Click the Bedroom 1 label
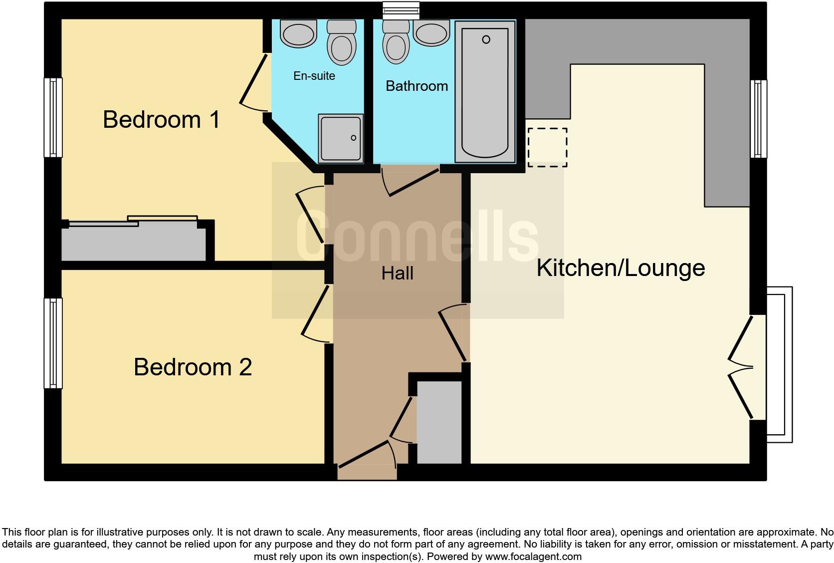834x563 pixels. (161, 120)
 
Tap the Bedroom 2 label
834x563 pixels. (193, 367)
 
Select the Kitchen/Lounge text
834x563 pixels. (620, 268)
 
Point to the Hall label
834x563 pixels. (397, 274)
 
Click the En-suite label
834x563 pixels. (314, 76)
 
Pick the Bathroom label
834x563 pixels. (417, 86)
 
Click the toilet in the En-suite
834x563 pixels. (342, 43)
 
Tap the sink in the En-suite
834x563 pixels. (299, 32)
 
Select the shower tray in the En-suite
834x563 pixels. (341, 138)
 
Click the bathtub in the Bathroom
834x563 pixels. (485, 92)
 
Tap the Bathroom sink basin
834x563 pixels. (432, 32)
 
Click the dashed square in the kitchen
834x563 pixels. (547, 147)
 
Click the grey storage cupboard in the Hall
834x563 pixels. (439, 422)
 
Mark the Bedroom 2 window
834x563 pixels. (53, 343)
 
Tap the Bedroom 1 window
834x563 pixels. (53, 117)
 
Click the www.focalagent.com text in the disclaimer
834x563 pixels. (533, 557)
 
